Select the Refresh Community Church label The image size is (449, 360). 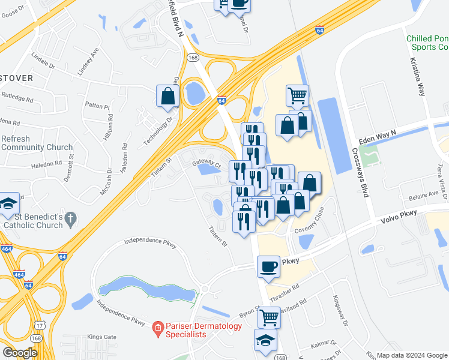[x=37, y=143]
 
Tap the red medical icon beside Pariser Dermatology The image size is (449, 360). [x=157, y=327]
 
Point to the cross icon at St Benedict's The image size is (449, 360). [x=71, y=220]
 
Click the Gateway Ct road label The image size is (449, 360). [x=207, y=163]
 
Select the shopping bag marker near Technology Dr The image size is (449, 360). [x=167, y=96]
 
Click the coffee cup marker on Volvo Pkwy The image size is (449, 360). [x=268, y=266]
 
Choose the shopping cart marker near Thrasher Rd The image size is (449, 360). [x=270, y=316]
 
